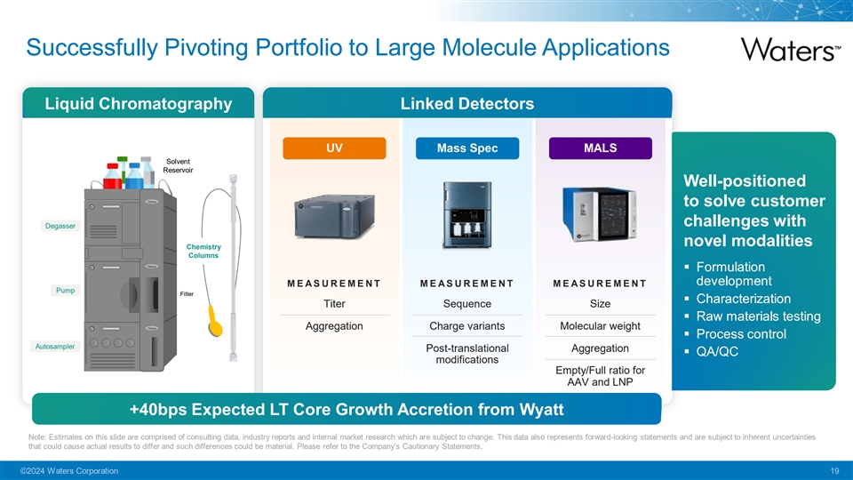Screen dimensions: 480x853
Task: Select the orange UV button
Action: (x=334, y=148)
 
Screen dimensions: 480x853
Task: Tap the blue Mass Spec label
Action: (x=467, y=148)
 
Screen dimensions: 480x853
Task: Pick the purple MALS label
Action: (x=601, y=148)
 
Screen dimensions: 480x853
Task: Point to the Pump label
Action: (x=65, y=291)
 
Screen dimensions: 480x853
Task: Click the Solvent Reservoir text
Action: (x=177, y=165)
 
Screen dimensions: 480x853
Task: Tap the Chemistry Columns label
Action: (x=203, y=251)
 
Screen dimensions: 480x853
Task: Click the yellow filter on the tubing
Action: (x=216, y=320)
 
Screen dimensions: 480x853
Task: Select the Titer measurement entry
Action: (x=334, y=304)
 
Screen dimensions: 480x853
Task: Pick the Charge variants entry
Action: (x=467, y=325)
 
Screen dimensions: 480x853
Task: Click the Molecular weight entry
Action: (x=601, y=325)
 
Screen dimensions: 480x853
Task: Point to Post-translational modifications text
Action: (x=467, y=354)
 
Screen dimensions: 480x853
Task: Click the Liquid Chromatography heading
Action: (x=139, y=104)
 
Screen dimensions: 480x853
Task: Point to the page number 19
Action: (x=833, y=469)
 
